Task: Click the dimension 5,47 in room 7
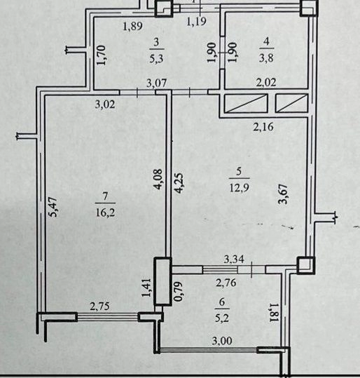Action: [54, 207]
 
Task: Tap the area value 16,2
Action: [106, 212]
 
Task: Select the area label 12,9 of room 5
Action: [239, 187]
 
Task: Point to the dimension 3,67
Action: [283, 194]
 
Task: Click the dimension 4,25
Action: [179, 183]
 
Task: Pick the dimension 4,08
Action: [158, 180]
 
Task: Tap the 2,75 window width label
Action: [99, 306]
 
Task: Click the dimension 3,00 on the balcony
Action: [222, 341]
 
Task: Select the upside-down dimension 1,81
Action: [275, 313]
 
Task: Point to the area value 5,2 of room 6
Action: [222, 318]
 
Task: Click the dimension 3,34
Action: [234, 259]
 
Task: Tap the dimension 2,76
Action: [226, 283]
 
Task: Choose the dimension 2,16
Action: [263, 127]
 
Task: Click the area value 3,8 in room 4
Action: [266, 58]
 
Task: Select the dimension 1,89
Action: [132, 26]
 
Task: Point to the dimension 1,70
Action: [101, 55]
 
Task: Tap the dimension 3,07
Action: [156, 83]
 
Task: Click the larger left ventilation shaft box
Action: [246, 103]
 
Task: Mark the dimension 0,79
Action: [179, 292]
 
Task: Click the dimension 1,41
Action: [146, 288]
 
